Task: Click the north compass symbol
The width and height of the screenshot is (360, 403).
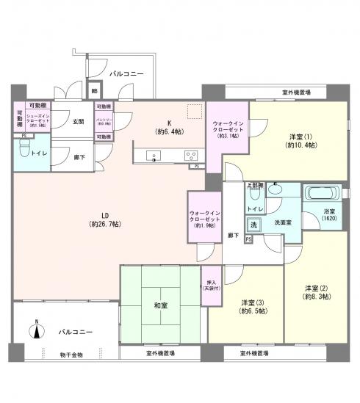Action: [x=35, y=330]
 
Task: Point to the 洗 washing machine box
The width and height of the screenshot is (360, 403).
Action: [x=254, y=224]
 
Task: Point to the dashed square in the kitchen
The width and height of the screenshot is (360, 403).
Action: [x=194, y=112]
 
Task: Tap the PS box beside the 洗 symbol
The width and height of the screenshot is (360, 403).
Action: [x=248, y=239]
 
